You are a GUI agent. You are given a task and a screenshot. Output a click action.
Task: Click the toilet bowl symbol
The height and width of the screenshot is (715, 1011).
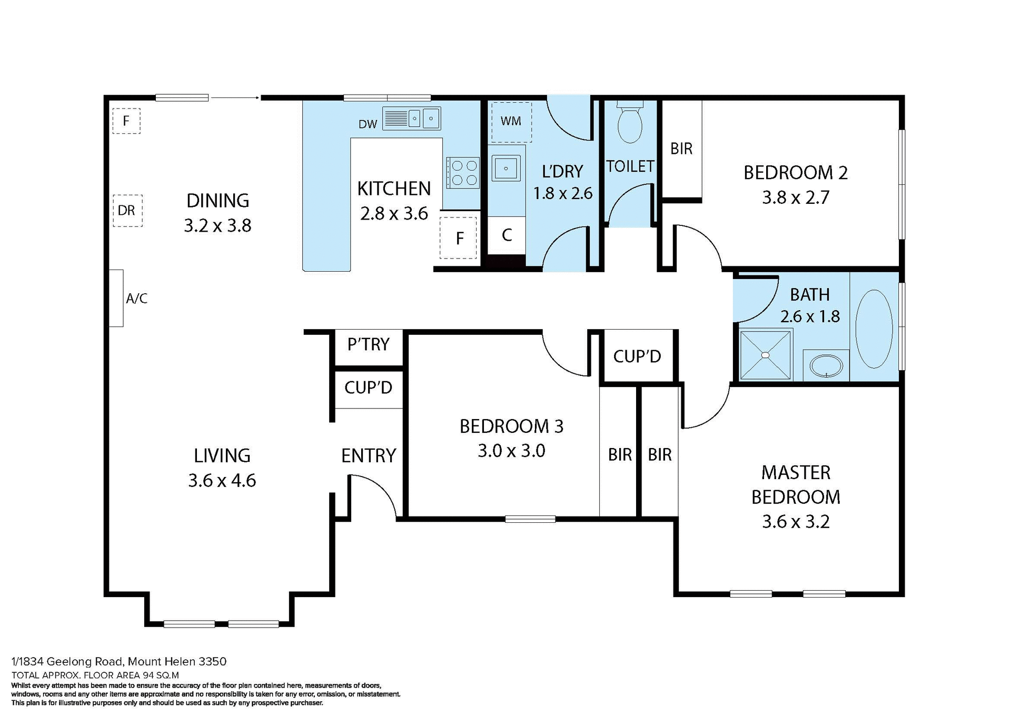point(630,125)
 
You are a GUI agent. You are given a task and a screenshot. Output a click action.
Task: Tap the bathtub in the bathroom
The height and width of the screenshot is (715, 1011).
point(874,329)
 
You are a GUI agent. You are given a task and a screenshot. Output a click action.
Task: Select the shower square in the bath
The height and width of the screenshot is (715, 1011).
point(766,354)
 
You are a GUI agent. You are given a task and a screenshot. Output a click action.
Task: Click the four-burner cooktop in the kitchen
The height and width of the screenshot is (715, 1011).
point(463,172)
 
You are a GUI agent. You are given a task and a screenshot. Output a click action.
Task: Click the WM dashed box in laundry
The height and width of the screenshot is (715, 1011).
point(511,122)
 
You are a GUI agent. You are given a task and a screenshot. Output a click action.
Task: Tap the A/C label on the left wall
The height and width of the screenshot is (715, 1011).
point(136,299)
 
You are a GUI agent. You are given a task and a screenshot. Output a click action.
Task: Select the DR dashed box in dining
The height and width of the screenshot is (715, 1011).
point(127,211)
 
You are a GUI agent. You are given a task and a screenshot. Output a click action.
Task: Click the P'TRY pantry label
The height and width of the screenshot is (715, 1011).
point(368,344)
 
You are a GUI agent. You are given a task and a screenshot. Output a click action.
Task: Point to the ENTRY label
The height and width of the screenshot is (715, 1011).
point(368,455)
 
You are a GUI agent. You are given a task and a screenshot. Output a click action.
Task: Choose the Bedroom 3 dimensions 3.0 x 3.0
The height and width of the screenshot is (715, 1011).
point(511,451)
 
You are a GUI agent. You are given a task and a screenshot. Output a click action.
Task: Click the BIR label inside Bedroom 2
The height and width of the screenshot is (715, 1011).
point(681,149)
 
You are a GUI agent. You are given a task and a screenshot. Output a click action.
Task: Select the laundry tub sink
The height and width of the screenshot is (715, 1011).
point(506,168)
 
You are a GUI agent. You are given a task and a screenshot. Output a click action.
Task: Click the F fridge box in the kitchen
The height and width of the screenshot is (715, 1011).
point(459,238)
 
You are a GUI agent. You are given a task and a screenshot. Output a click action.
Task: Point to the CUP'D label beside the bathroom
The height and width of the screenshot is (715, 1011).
point(637,356)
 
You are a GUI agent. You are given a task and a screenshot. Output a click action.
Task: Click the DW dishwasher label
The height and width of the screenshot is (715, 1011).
point(368,124)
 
